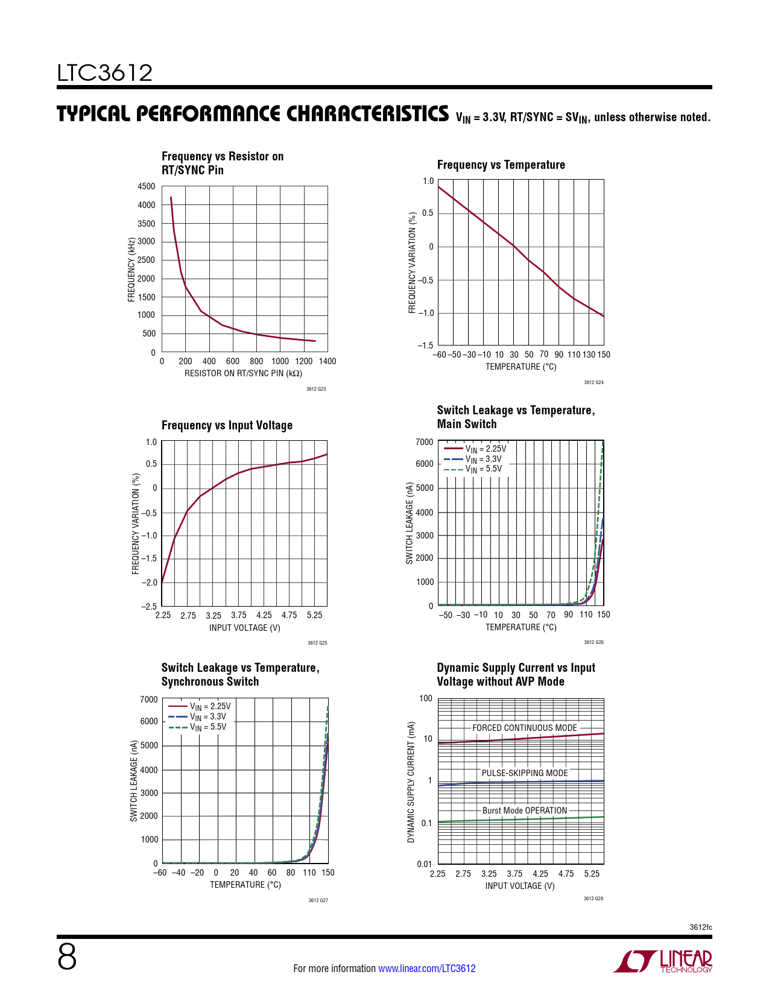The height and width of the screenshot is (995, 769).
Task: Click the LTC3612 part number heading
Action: pos(105,73)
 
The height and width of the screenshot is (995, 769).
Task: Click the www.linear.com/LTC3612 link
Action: pos(426,968)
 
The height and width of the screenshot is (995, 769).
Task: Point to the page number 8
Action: pos(67,957)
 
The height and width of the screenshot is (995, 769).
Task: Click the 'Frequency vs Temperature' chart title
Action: pos(501,165)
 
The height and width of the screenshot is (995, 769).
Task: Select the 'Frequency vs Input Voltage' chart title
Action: pos(227,425)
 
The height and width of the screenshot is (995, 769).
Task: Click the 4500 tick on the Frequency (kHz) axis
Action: pos(147,186)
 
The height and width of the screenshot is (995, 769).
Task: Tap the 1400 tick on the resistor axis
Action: pos(328,361)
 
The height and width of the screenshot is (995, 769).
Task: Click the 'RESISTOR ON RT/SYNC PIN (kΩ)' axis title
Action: pos(243,373)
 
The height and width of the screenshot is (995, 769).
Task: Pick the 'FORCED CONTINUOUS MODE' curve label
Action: pos(524,728)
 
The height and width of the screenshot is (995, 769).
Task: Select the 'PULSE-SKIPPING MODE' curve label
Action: pos(524,773)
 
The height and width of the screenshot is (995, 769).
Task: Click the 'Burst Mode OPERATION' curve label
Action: pos(524,810)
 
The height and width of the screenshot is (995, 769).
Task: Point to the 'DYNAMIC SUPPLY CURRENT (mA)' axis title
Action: pos(411,782)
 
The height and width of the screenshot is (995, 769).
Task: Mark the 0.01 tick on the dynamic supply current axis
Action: pos(425,864)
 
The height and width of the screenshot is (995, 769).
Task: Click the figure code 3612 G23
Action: pos(316,389)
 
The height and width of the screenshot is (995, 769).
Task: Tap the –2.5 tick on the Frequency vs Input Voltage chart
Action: pos(149,606)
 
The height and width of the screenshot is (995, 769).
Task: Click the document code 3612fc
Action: pos(701,927)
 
